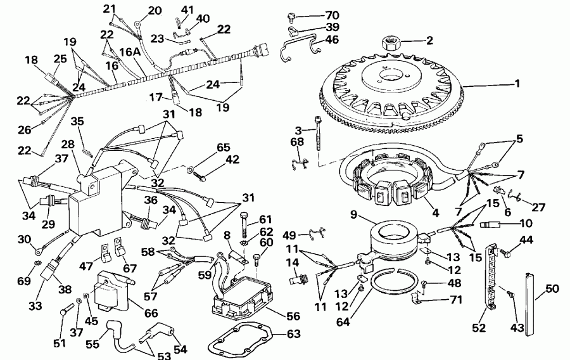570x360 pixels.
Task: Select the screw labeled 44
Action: [507, 253]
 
